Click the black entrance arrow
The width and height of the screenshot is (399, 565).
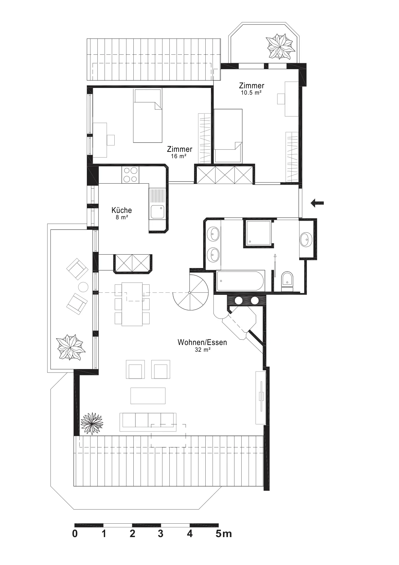coord(317,203)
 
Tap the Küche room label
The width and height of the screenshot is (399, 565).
coord(122,210)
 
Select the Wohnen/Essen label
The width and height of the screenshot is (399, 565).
coord(202,342)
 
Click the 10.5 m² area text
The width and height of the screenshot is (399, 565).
coord(251,93)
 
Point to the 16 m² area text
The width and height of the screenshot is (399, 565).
coord(179,156)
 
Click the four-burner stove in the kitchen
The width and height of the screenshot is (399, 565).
coord(130,175)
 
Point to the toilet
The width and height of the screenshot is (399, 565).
coord(287,280)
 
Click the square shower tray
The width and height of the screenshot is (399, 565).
coord(258,233)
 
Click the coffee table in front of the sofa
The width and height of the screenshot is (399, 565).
coord(148,396)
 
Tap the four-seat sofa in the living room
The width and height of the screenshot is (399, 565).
coord(148,422)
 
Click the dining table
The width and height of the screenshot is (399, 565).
coord(132,304)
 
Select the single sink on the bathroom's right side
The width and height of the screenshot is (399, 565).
coord(306,239)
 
